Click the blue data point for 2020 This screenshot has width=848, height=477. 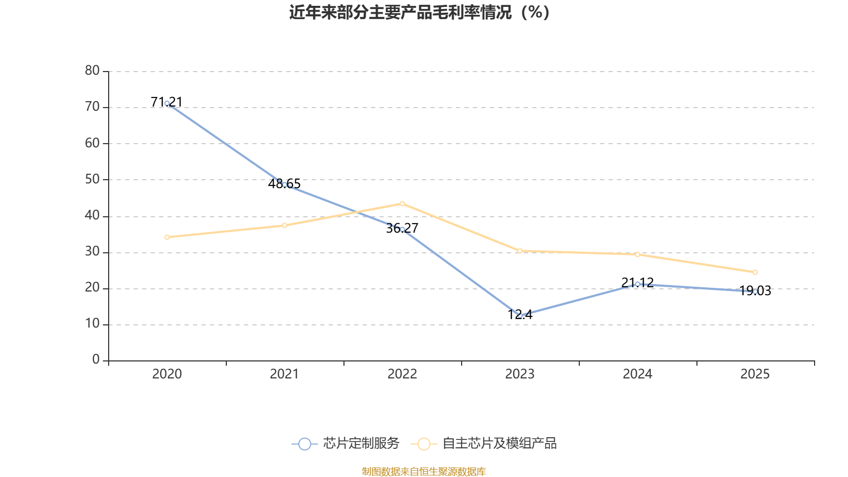coord(167,103)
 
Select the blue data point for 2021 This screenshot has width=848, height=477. coord(285,184)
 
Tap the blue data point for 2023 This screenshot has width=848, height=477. coord(520,315)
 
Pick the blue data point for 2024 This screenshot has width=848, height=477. coord(638,285)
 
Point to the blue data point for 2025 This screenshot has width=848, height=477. coord(755,291)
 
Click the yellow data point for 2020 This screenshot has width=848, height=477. coord(167,237)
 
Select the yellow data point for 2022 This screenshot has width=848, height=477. coord(402,204)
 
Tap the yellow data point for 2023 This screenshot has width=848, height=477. coord(520,251)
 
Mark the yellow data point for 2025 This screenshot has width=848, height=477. coord(755,272)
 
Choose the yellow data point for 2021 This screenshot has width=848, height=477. coord(285,225)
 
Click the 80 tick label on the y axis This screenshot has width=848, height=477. coord(92,70)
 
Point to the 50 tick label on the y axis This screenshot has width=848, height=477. coord(92,179)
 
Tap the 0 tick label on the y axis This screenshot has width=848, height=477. coord(96,360)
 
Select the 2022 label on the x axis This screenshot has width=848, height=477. coord(402,374)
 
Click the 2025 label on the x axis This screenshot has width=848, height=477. coord(755,374)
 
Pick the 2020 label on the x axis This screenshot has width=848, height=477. coord(167,374)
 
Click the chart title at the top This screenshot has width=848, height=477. coord(419,12)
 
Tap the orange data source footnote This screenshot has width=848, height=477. coord(423,471)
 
